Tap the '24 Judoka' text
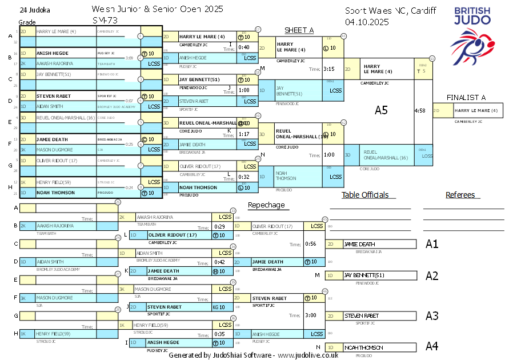tap(34, 10)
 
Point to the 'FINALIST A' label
tap(466, 97)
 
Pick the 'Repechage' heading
tap(266, 205)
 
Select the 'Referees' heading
tap(460, 195)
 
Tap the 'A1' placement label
tap(432, 244)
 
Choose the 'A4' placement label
tap(432, 346)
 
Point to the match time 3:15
tap(329, 69)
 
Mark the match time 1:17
tap(244, 134)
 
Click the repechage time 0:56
tap(311, 244)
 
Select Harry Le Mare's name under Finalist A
tap(476, 111)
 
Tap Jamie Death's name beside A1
tap(359, 244)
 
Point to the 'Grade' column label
tap(27, 21)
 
